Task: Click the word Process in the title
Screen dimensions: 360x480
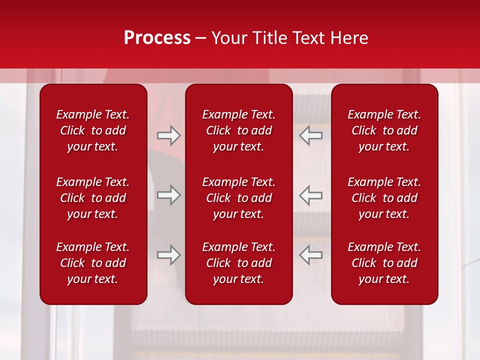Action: (157, 38)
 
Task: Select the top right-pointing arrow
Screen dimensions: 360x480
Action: (168, 135)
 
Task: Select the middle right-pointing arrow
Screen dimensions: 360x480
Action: (168, 195)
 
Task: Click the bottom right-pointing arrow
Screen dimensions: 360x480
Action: (168, 255)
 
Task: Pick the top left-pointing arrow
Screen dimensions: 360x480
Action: (310, 135)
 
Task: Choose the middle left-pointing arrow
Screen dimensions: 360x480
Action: (310, 195)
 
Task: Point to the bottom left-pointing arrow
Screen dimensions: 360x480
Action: (310, 255)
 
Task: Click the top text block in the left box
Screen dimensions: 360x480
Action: (93, 130)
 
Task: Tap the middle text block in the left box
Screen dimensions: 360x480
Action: (93, 198)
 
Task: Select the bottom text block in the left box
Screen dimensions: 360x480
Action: (93, 263)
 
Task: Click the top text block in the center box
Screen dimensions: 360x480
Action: (238, 130)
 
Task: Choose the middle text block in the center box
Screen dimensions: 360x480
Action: (238, 198)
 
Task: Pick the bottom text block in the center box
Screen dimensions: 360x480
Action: (238, 263)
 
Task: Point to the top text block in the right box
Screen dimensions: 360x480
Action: (384, 130)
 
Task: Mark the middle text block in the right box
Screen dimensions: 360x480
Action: (384, 198)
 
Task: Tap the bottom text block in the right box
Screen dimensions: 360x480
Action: (384, 263)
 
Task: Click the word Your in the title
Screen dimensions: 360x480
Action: (228, 38)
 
